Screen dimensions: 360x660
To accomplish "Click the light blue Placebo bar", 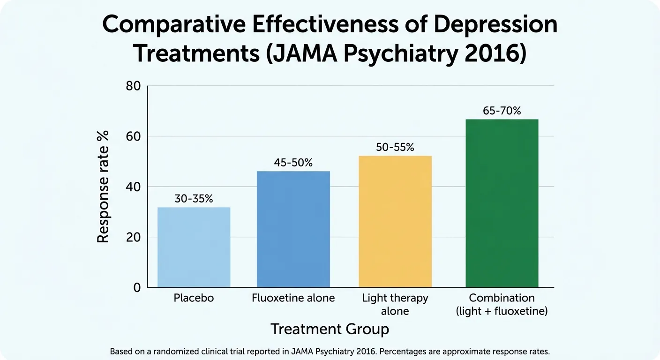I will click(194, 247).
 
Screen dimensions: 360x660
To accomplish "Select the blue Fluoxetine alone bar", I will click(293, 229).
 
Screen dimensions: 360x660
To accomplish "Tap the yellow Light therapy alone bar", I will click(395, 221).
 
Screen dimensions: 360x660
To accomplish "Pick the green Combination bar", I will click(502, 203).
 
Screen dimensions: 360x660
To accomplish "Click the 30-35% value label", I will click(194, 199).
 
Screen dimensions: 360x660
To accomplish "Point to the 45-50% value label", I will click(293, 163).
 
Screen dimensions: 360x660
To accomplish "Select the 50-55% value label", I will click(395, 147).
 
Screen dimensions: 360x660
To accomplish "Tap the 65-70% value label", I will click(502, 111).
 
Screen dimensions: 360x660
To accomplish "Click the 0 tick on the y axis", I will click(137, 287).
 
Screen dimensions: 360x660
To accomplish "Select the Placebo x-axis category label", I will click(194, 298).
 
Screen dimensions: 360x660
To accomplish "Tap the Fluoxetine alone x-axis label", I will click(293, 298).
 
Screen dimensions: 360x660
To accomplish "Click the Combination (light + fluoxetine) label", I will click(502, 304).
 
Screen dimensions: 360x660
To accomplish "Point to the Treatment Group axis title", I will click(330, 329).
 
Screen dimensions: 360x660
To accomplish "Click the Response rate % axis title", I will click(103, 187).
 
